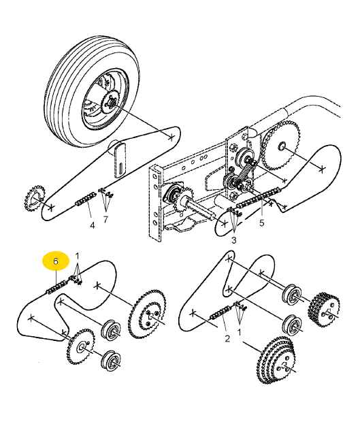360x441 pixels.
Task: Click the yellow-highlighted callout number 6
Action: click(56, 261)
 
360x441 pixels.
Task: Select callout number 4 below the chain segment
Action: click(93, 225)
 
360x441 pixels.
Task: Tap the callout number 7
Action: click(105, 219)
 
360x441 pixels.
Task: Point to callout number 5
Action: click(262, 223)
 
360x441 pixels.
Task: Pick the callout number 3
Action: click(234, 240)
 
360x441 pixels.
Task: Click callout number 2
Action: click(227, 338)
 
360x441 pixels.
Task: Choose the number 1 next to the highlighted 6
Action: click(78, 256)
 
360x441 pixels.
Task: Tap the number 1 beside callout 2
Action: click(240, 332)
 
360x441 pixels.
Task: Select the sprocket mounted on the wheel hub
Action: click(111, 103)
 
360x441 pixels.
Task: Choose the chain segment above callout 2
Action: click(222, 312)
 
